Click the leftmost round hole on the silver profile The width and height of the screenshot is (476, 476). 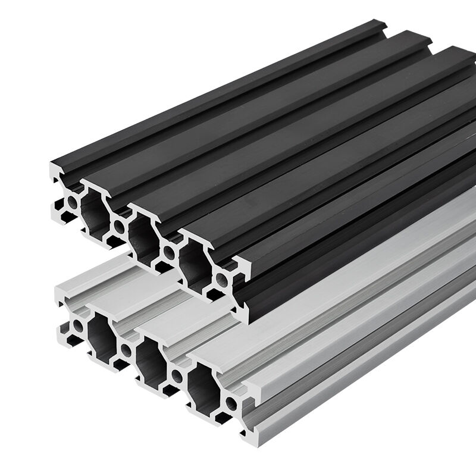pos(77,325)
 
